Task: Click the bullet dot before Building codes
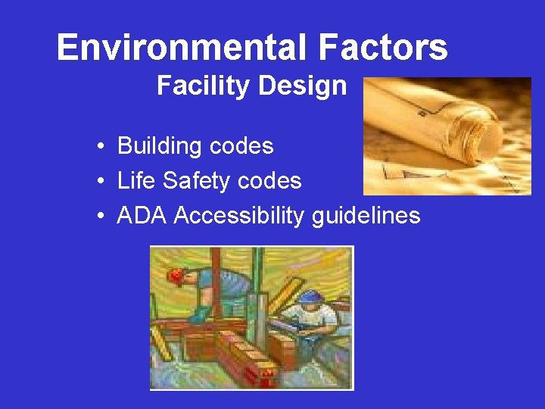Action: point(101,146)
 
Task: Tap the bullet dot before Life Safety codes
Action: point(101,182)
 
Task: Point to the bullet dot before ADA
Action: point(101,217)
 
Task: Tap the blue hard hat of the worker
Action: point(310,296)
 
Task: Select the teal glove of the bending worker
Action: point(201,313)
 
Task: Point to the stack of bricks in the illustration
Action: point(242,356)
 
